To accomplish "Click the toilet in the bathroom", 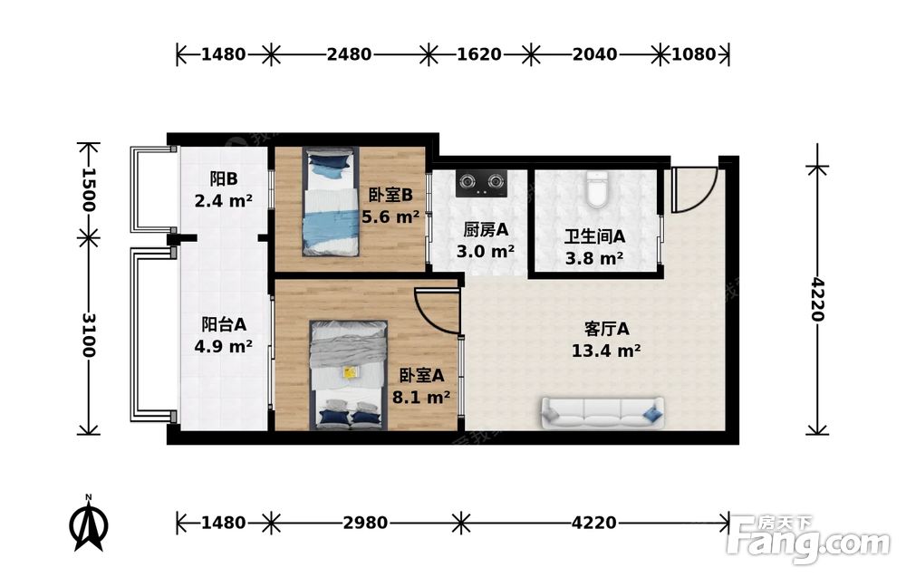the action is [596, 189].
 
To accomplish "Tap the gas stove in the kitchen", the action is [482, 183].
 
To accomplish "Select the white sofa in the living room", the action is [602, 413].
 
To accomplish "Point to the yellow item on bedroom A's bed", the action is [349, 372].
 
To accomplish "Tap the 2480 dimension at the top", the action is [349, 54].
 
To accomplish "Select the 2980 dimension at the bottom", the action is [365, 523].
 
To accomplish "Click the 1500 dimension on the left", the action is [89, 189].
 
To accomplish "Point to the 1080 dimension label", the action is [694, 54].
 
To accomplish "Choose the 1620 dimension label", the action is [479, 54].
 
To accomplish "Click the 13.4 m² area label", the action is [606, 351].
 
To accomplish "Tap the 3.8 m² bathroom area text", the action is [594, 258].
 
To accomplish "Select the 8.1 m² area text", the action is [421, 398].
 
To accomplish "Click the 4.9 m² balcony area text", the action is [224, 347].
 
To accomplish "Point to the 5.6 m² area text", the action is [390, 217].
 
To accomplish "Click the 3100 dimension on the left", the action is [89, 335].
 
